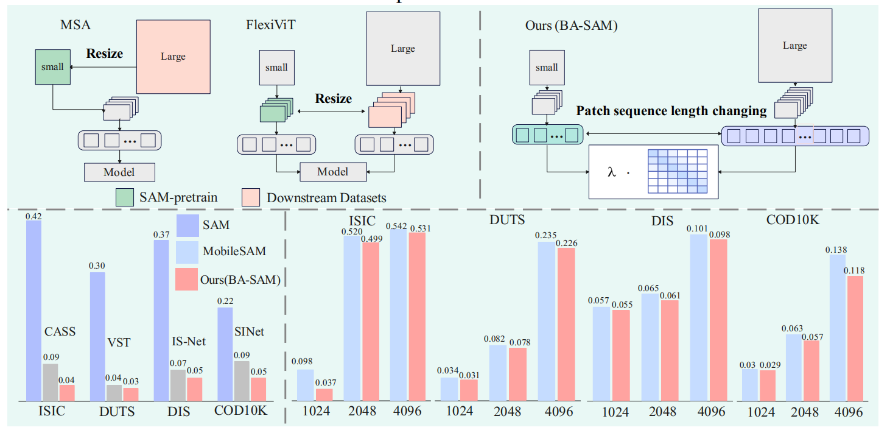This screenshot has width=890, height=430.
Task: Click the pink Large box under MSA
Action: [172, 56]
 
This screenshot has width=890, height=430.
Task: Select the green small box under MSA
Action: [52, 67]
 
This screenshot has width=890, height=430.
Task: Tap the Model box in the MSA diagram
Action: [119, 172]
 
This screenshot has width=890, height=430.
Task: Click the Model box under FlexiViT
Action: [332, 172]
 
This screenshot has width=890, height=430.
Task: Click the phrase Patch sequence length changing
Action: [671, 111]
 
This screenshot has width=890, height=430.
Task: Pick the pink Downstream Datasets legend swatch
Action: [253, 197]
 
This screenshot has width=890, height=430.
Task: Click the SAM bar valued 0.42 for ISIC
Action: [34, 311]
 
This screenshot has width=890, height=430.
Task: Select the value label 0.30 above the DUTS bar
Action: [97, 266]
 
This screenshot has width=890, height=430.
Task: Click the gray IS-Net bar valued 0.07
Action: [178, 385]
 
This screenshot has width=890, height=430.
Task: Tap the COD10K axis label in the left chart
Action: [240, 411]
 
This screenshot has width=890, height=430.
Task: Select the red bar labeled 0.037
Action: [324, 395]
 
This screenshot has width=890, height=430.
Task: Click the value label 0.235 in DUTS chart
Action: [546, 236]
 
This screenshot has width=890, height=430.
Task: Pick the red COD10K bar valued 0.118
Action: [855, 339]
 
